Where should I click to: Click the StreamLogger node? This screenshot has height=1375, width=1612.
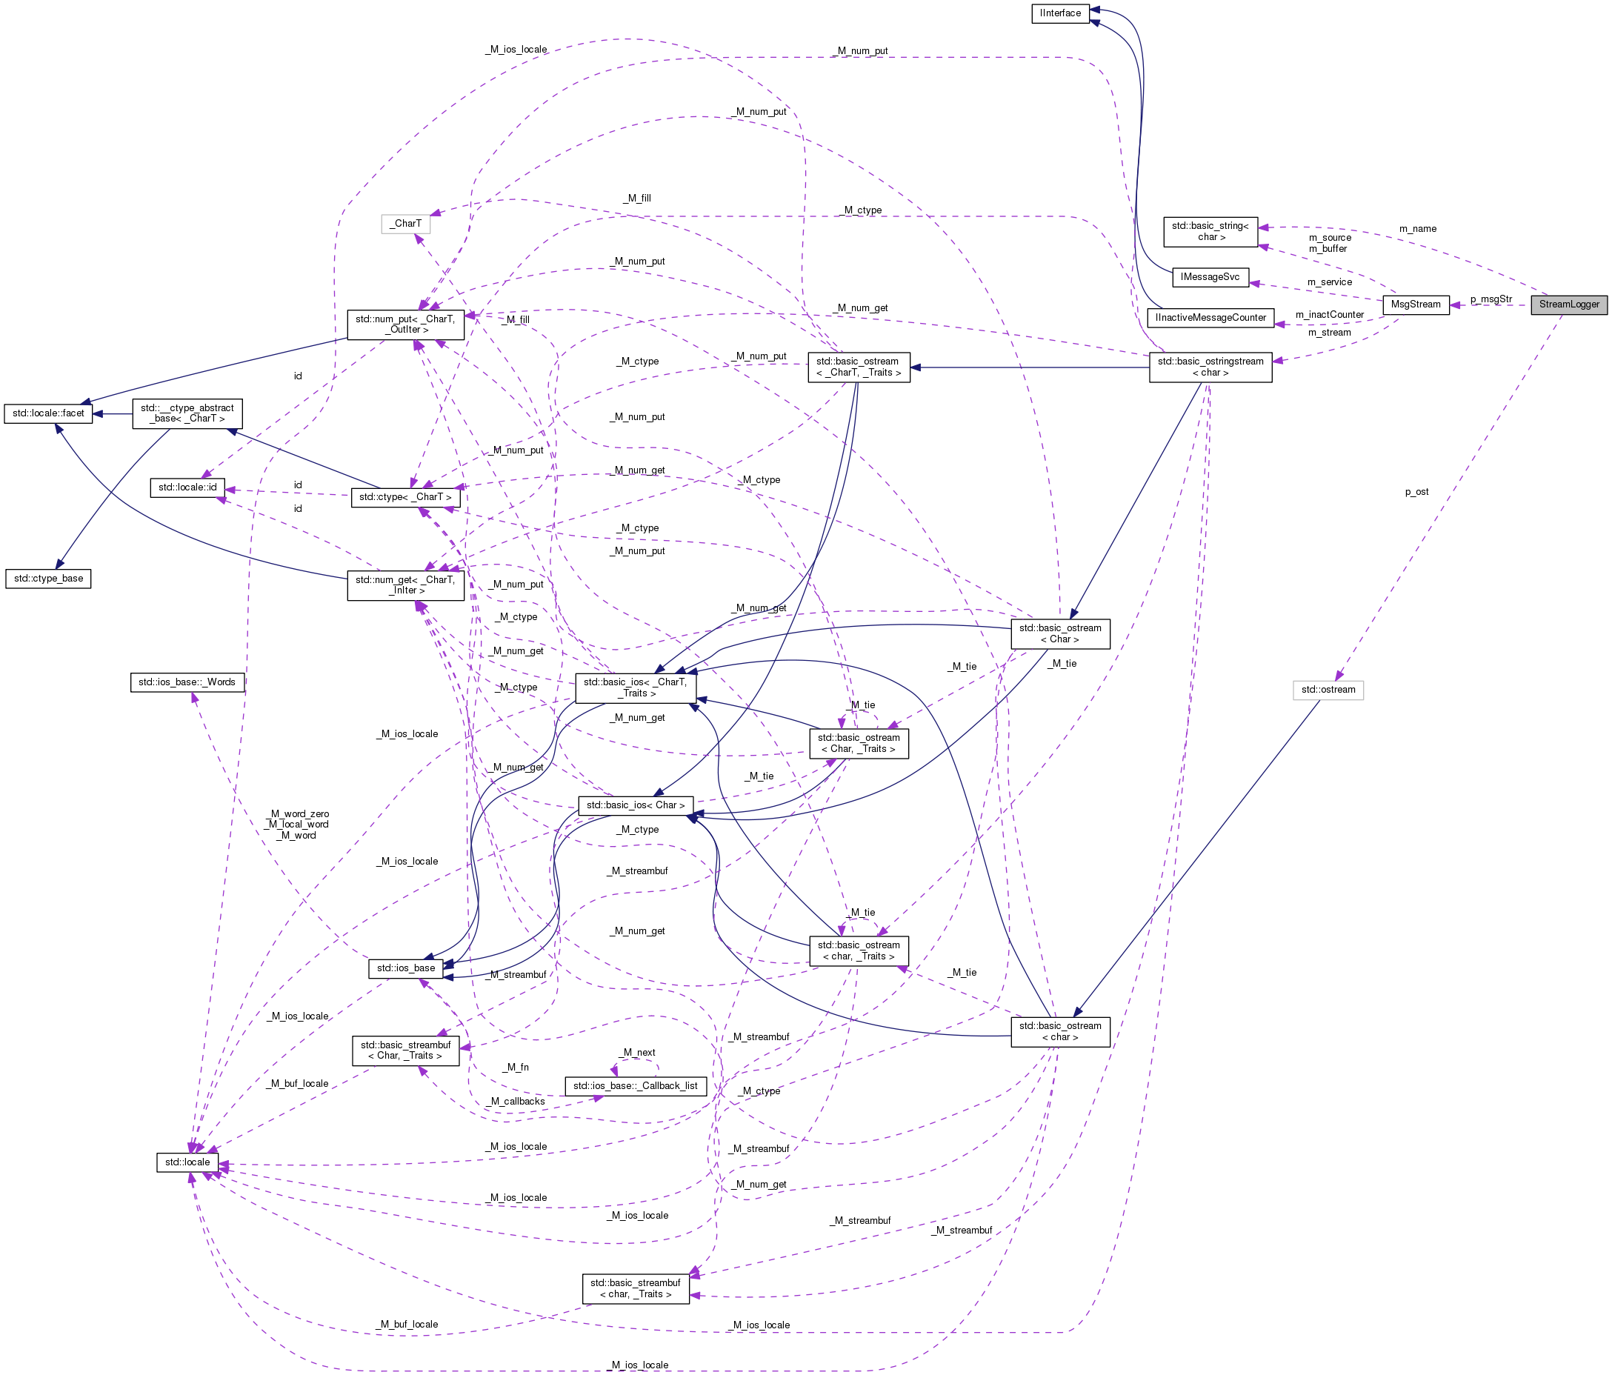point(1568,304)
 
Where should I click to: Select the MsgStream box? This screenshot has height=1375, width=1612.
point(1415,304)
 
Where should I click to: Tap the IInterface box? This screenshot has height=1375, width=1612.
point(1059,13)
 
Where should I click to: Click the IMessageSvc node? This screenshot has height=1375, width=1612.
point(1210,277)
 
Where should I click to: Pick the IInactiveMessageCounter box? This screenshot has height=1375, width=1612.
point(1210,318)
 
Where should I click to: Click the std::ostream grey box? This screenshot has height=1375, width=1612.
point(1328,690)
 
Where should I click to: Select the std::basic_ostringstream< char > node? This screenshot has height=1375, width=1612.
point(1210,367)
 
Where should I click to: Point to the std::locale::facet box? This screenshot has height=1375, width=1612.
point(47,413)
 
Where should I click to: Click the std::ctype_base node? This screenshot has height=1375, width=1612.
point(47,578)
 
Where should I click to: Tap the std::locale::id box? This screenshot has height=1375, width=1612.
point(187,487)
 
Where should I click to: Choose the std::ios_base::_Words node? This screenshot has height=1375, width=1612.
point(187,682)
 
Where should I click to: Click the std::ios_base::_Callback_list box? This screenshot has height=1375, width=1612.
point(635,1085)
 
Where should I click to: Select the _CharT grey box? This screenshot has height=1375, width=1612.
point(405,223)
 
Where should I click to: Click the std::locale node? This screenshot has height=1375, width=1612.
point(187,1162)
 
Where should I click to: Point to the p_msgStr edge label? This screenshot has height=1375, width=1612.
point(1491,299)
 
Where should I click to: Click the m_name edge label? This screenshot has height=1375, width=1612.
point(1417,229)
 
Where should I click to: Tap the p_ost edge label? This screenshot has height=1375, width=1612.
point(1416,492)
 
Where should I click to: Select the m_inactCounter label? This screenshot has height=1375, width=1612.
point(1329,314)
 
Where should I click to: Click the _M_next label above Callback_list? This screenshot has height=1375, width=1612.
point(636,1052)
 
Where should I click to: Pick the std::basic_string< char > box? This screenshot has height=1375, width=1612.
point(1210,231)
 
